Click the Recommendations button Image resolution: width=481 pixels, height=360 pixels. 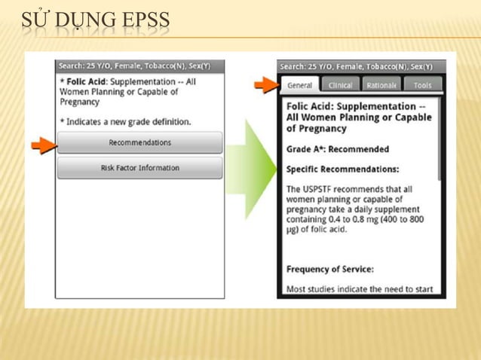(x=139, y=142)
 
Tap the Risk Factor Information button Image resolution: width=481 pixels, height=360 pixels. (x=139, y=168)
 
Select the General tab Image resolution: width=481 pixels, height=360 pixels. (x=299, y=85)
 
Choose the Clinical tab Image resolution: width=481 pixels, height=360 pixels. (x=340, y=85)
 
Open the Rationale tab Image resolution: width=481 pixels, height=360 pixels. (x=381, y=85)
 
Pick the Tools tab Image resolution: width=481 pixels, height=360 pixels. (x=423, y=85)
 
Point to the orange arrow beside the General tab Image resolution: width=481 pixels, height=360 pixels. (x=265, y=84)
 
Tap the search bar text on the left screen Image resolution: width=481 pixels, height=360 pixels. (x=134, y=66)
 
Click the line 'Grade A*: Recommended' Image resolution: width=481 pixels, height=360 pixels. (x=338, y=149)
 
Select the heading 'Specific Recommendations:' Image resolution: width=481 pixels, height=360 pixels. (x=342, y=169)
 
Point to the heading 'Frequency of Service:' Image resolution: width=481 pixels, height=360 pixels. (x=329, y=269)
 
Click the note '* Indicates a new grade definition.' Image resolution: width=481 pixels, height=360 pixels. (x=124, y=121)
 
